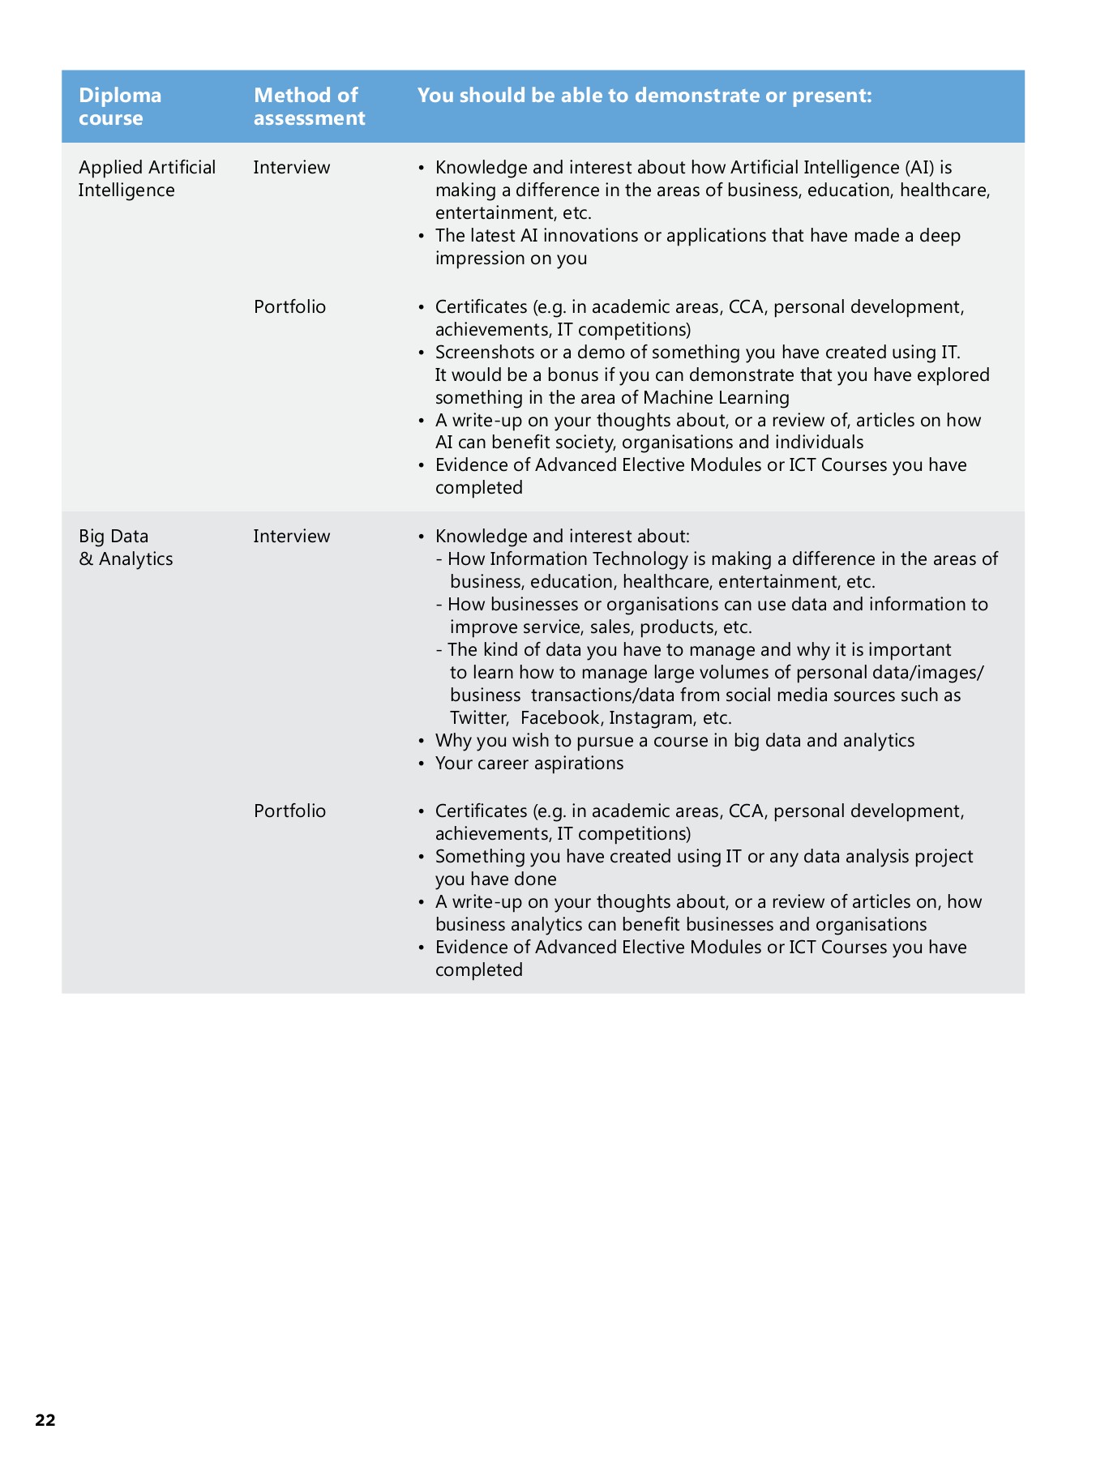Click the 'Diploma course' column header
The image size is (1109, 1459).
pos(119,106)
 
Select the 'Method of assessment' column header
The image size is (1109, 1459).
pos(309,106)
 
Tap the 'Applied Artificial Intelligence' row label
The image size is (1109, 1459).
pos(147,178)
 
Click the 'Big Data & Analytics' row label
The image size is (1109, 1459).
pos(126,547)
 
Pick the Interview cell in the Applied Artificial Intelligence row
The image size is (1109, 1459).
pos(291,168)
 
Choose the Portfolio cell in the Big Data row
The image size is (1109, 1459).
pos(289,811)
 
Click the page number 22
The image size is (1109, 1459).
pos(45,1419)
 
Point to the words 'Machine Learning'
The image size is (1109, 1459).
pos(716,397)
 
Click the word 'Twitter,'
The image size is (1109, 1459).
pos(479,718)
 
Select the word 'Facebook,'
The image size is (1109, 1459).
pos(561,718)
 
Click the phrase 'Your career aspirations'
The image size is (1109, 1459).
pos(529,764)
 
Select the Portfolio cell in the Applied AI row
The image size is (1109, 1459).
pos(289,307)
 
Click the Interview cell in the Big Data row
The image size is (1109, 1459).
pos(291,537)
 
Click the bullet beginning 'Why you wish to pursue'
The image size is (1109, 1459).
pos(674,741)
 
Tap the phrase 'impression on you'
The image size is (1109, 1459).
pos(511,259)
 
